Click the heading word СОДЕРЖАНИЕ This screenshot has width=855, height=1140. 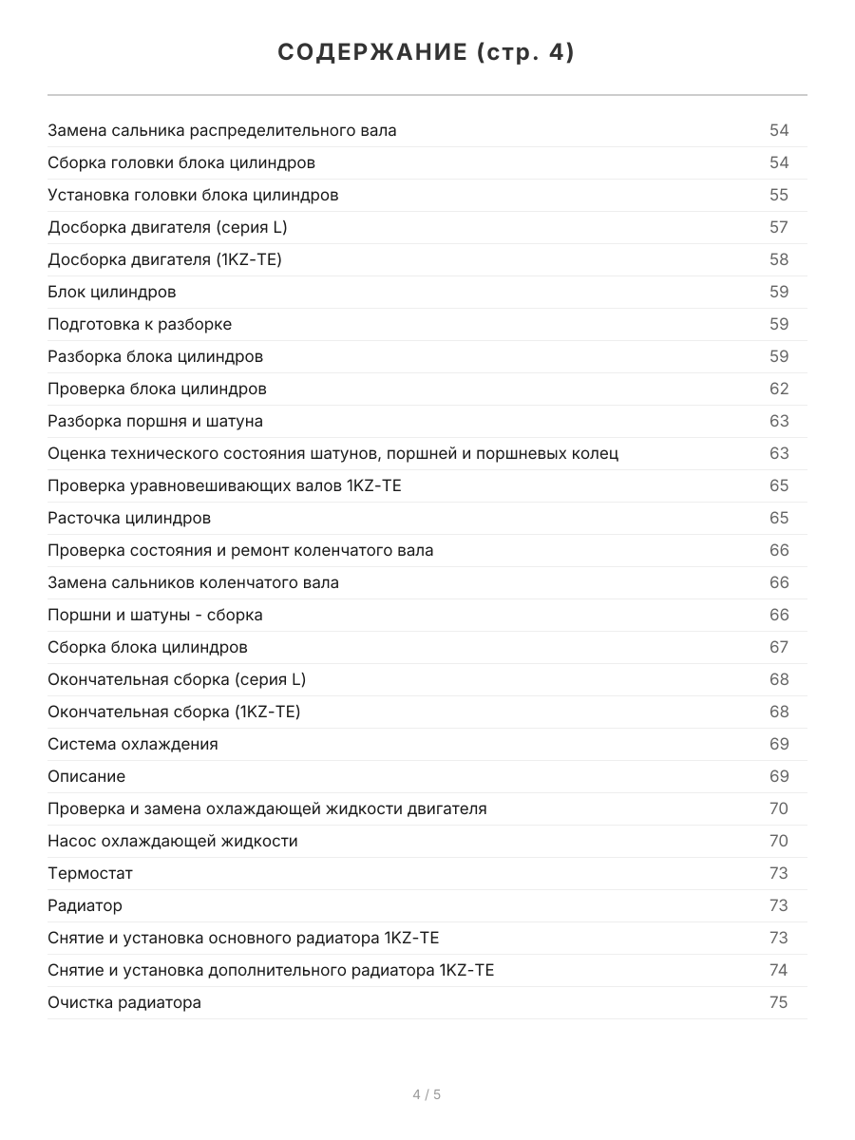371,53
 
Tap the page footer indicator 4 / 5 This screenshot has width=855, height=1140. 427,1094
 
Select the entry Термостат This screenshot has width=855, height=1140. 90,873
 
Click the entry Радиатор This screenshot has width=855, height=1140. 85,905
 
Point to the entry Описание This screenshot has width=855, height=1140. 86,776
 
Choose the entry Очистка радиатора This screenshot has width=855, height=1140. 124,1002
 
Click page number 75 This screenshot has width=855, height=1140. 779,1002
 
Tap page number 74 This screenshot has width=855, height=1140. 779,970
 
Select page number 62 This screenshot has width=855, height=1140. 779,389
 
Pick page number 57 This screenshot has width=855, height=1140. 779,227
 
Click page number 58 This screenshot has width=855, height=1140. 779,259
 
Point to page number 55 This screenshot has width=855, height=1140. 779,195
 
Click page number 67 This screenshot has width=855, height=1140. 779,647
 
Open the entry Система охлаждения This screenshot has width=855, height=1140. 133,744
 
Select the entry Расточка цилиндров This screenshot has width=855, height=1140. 129,518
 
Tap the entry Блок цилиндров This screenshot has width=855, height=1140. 112,292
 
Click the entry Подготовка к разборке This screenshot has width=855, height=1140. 140,324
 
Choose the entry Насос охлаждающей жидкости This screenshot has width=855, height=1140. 173,841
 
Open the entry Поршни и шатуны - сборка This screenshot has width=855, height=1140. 155,615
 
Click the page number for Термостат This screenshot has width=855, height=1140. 779,873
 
